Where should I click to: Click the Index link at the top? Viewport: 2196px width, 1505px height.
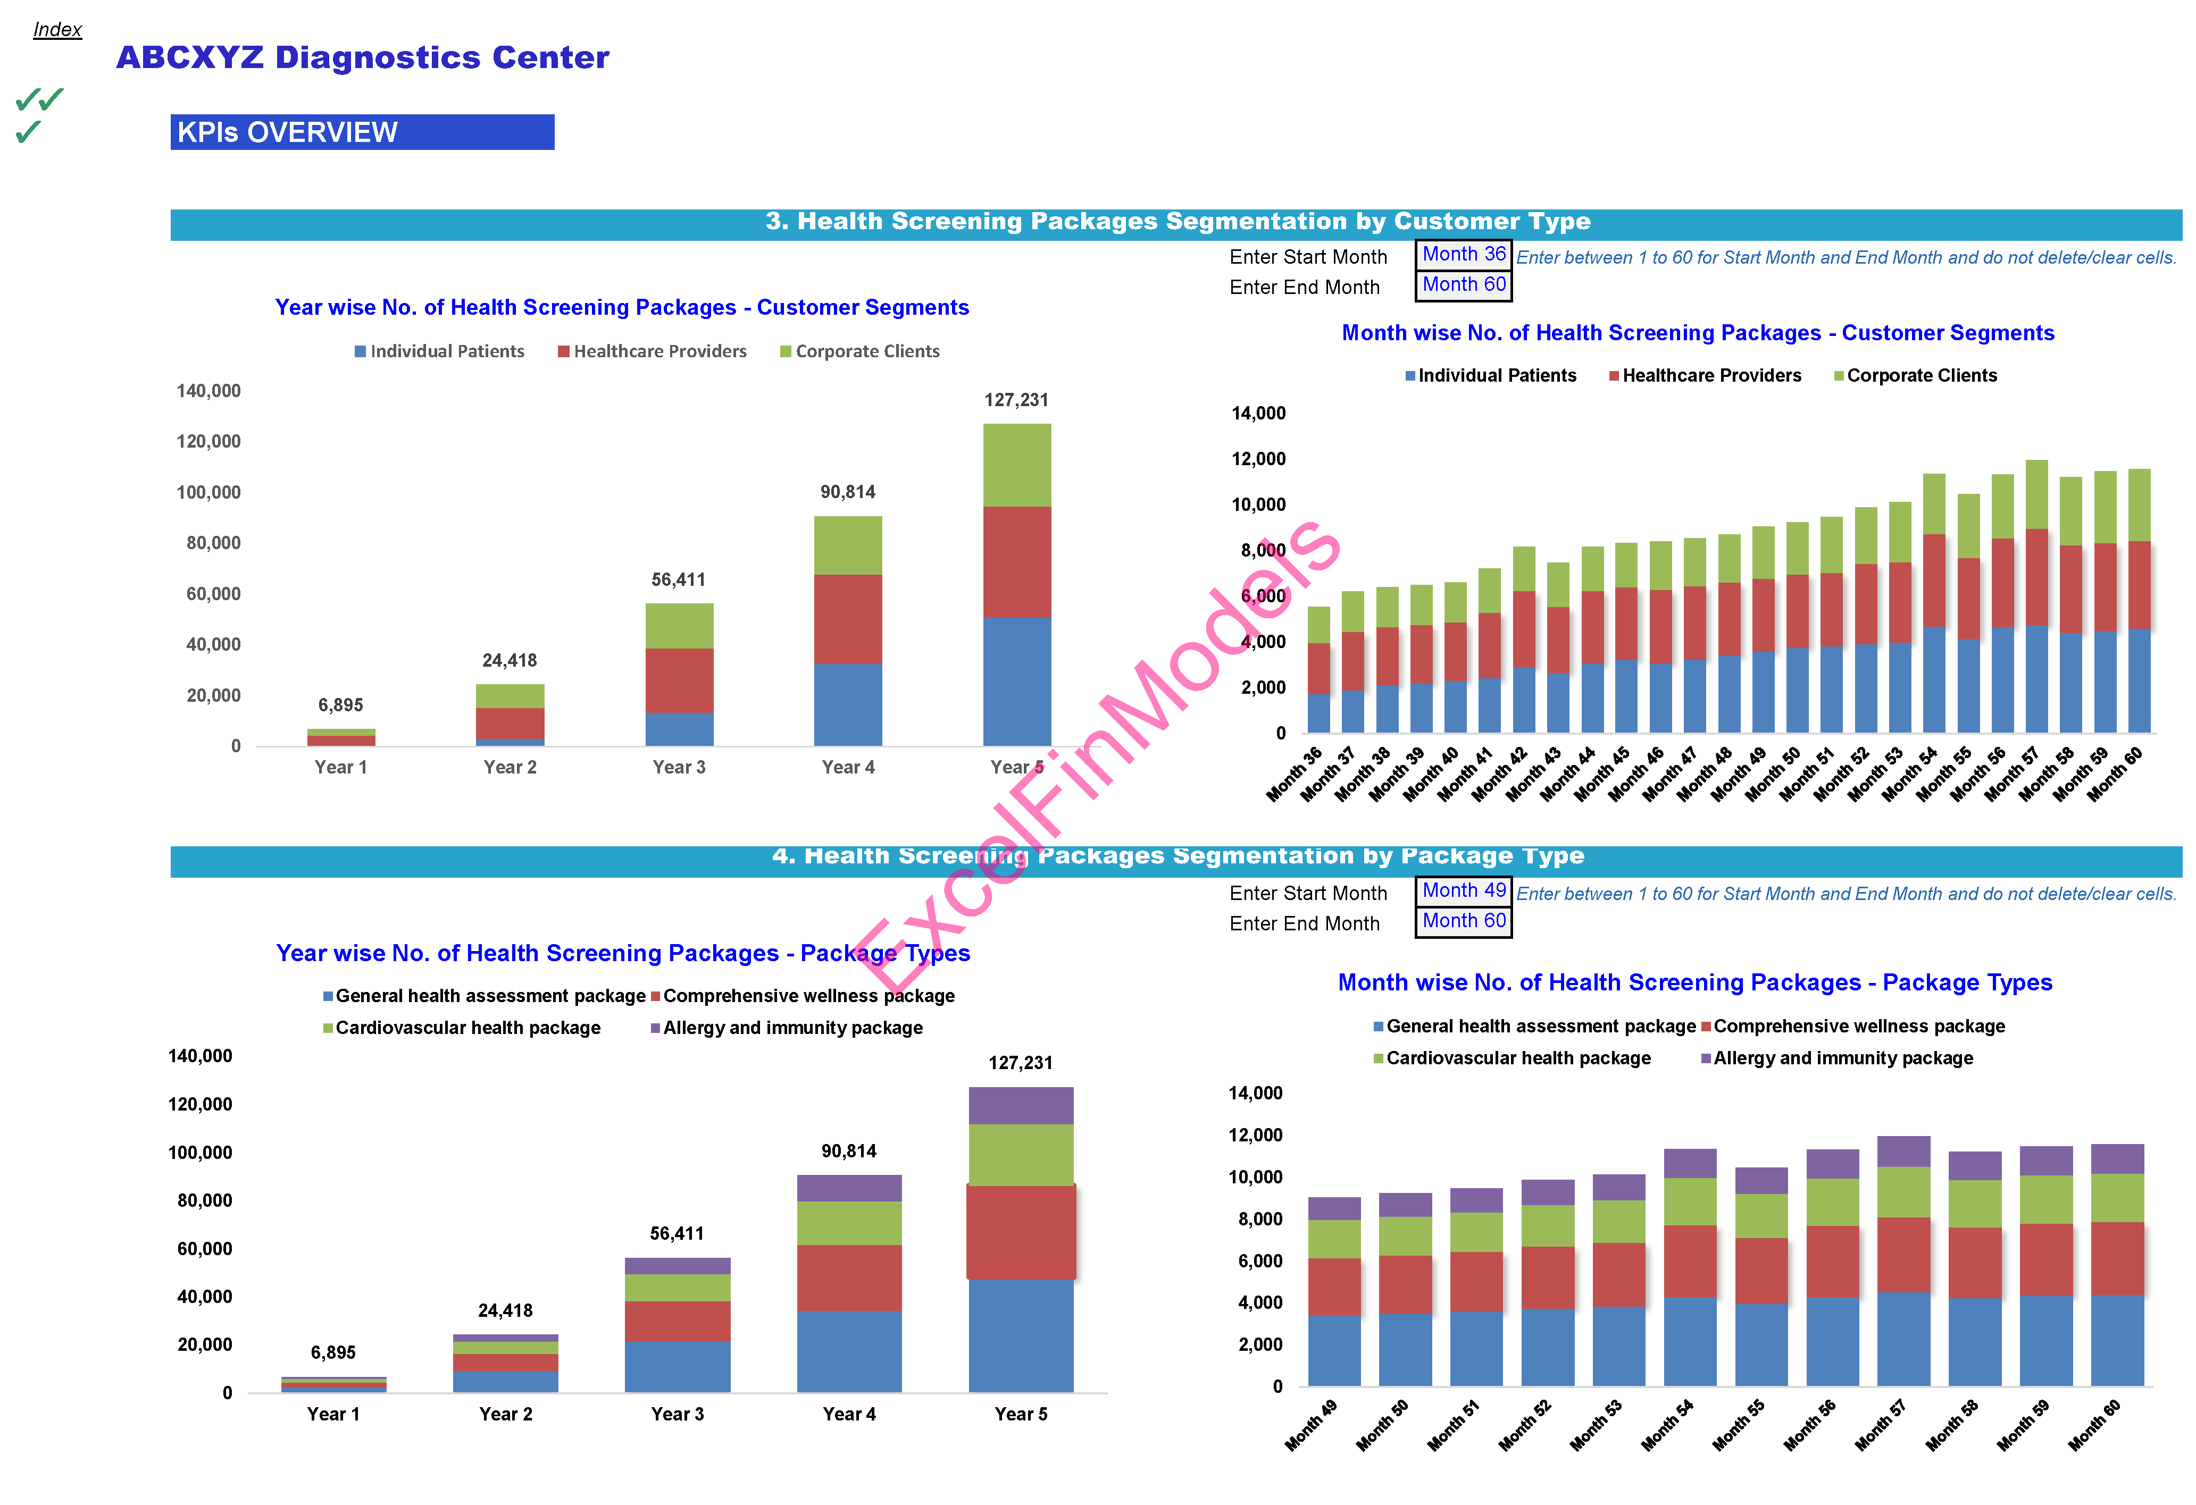tap(57, 29)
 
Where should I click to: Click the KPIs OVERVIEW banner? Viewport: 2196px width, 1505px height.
tap(362, 132)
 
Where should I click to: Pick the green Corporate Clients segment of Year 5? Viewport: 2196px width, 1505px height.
tap(1017, 465)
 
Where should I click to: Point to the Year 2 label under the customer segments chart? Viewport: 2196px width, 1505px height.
tap(510, 767)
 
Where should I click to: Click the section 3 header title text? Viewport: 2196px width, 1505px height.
tap(1178, 221)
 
